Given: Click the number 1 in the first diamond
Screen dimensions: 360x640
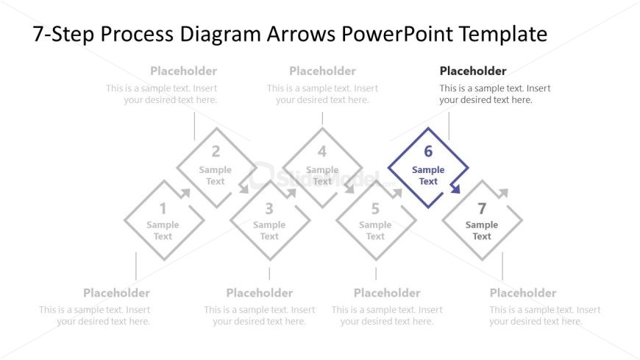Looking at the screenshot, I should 163,208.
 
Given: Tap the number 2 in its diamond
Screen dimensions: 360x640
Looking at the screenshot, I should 216,152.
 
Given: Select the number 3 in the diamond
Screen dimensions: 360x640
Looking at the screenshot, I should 269,208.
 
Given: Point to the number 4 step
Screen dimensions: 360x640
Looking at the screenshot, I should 322,152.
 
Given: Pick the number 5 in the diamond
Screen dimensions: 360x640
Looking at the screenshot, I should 375,208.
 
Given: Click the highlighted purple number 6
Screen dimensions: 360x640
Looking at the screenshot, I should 428,152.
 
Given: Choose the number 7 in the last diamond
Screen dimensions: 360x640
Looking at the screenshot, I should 482,208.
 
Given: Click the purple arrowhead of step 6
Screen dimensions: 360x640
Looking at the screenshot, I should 455,189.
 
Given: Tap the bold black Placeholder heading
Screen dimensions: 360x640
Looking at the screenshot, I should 473,71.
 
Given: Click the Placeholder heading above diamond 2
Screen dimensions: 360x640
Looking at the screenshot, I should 183,71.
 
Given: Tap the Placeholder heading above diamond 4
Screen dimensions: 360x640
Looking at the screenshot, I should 322,71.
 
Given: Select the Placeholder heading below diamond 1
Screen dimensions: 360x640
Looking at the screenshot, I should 116,293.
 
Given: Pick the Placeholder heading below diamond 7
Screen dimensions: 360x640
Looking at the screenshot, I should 523,293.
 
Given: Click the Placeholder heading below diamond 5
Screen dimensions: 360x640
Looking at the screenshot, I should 387,293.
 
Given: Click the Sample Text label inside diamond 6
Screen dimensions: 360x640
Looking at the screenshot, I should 428,176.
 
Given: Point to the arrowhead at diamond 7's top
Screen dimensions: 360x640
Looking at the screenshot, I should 503,193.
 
